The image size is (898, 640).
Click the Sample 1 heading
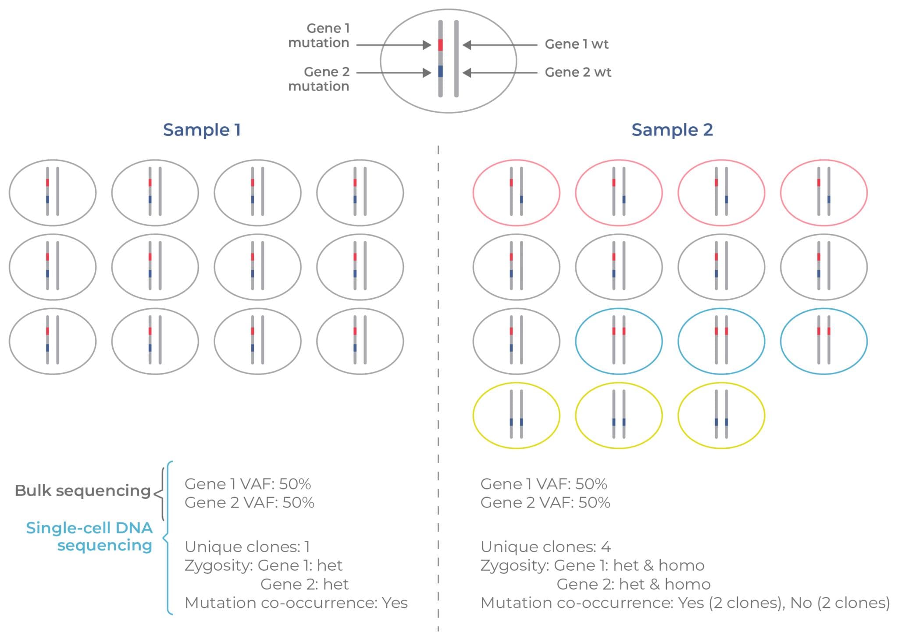click(x=202, y=130)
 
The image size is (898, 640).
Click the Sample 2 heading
click(x=672, y=130)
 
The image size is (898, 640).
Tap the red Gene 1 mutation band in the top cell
click(x=440, y=45)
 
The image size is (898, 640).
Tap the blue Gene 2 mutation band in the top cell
click(x=440, y=72)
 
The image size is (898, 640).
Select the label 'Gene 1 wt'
click(x=576, y=44)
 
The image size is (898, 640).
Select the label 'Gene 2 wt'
click(x=578, y=72)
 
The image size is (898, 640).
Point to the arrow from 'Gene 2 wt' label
click(x=500, y=72)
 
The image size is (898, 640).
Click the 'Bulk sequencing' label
click(x=82, y=490)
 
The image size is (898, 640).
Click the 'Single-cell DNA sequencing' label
click(x=89, y=536)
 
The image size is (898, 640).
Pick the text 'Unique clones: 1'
click(x=247, y=547)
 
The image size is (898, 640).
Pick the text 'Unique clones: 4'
click(x=545, y=547)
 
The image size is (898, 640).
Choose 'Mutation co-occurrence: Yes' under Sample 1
click(x=296, y=603)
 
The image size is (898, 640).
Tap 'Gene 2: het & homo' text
click(x=633, y=584)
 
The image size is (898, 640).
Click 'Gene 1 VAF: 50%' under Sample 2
click(x=544, y=484)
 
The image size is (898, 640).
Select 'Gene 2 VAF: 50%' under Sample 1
click(x=249, y=503)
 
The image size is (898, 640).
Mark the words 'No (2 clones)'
click(x=840, y=603)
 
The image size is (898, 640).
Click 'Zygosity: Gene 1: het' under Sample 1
click(x=263, y=565)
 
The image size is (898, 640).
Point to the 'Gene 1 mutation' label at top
click(x=319, y=36)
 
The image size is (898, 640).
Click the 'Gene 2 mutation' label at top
click(x=319, y=79)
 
